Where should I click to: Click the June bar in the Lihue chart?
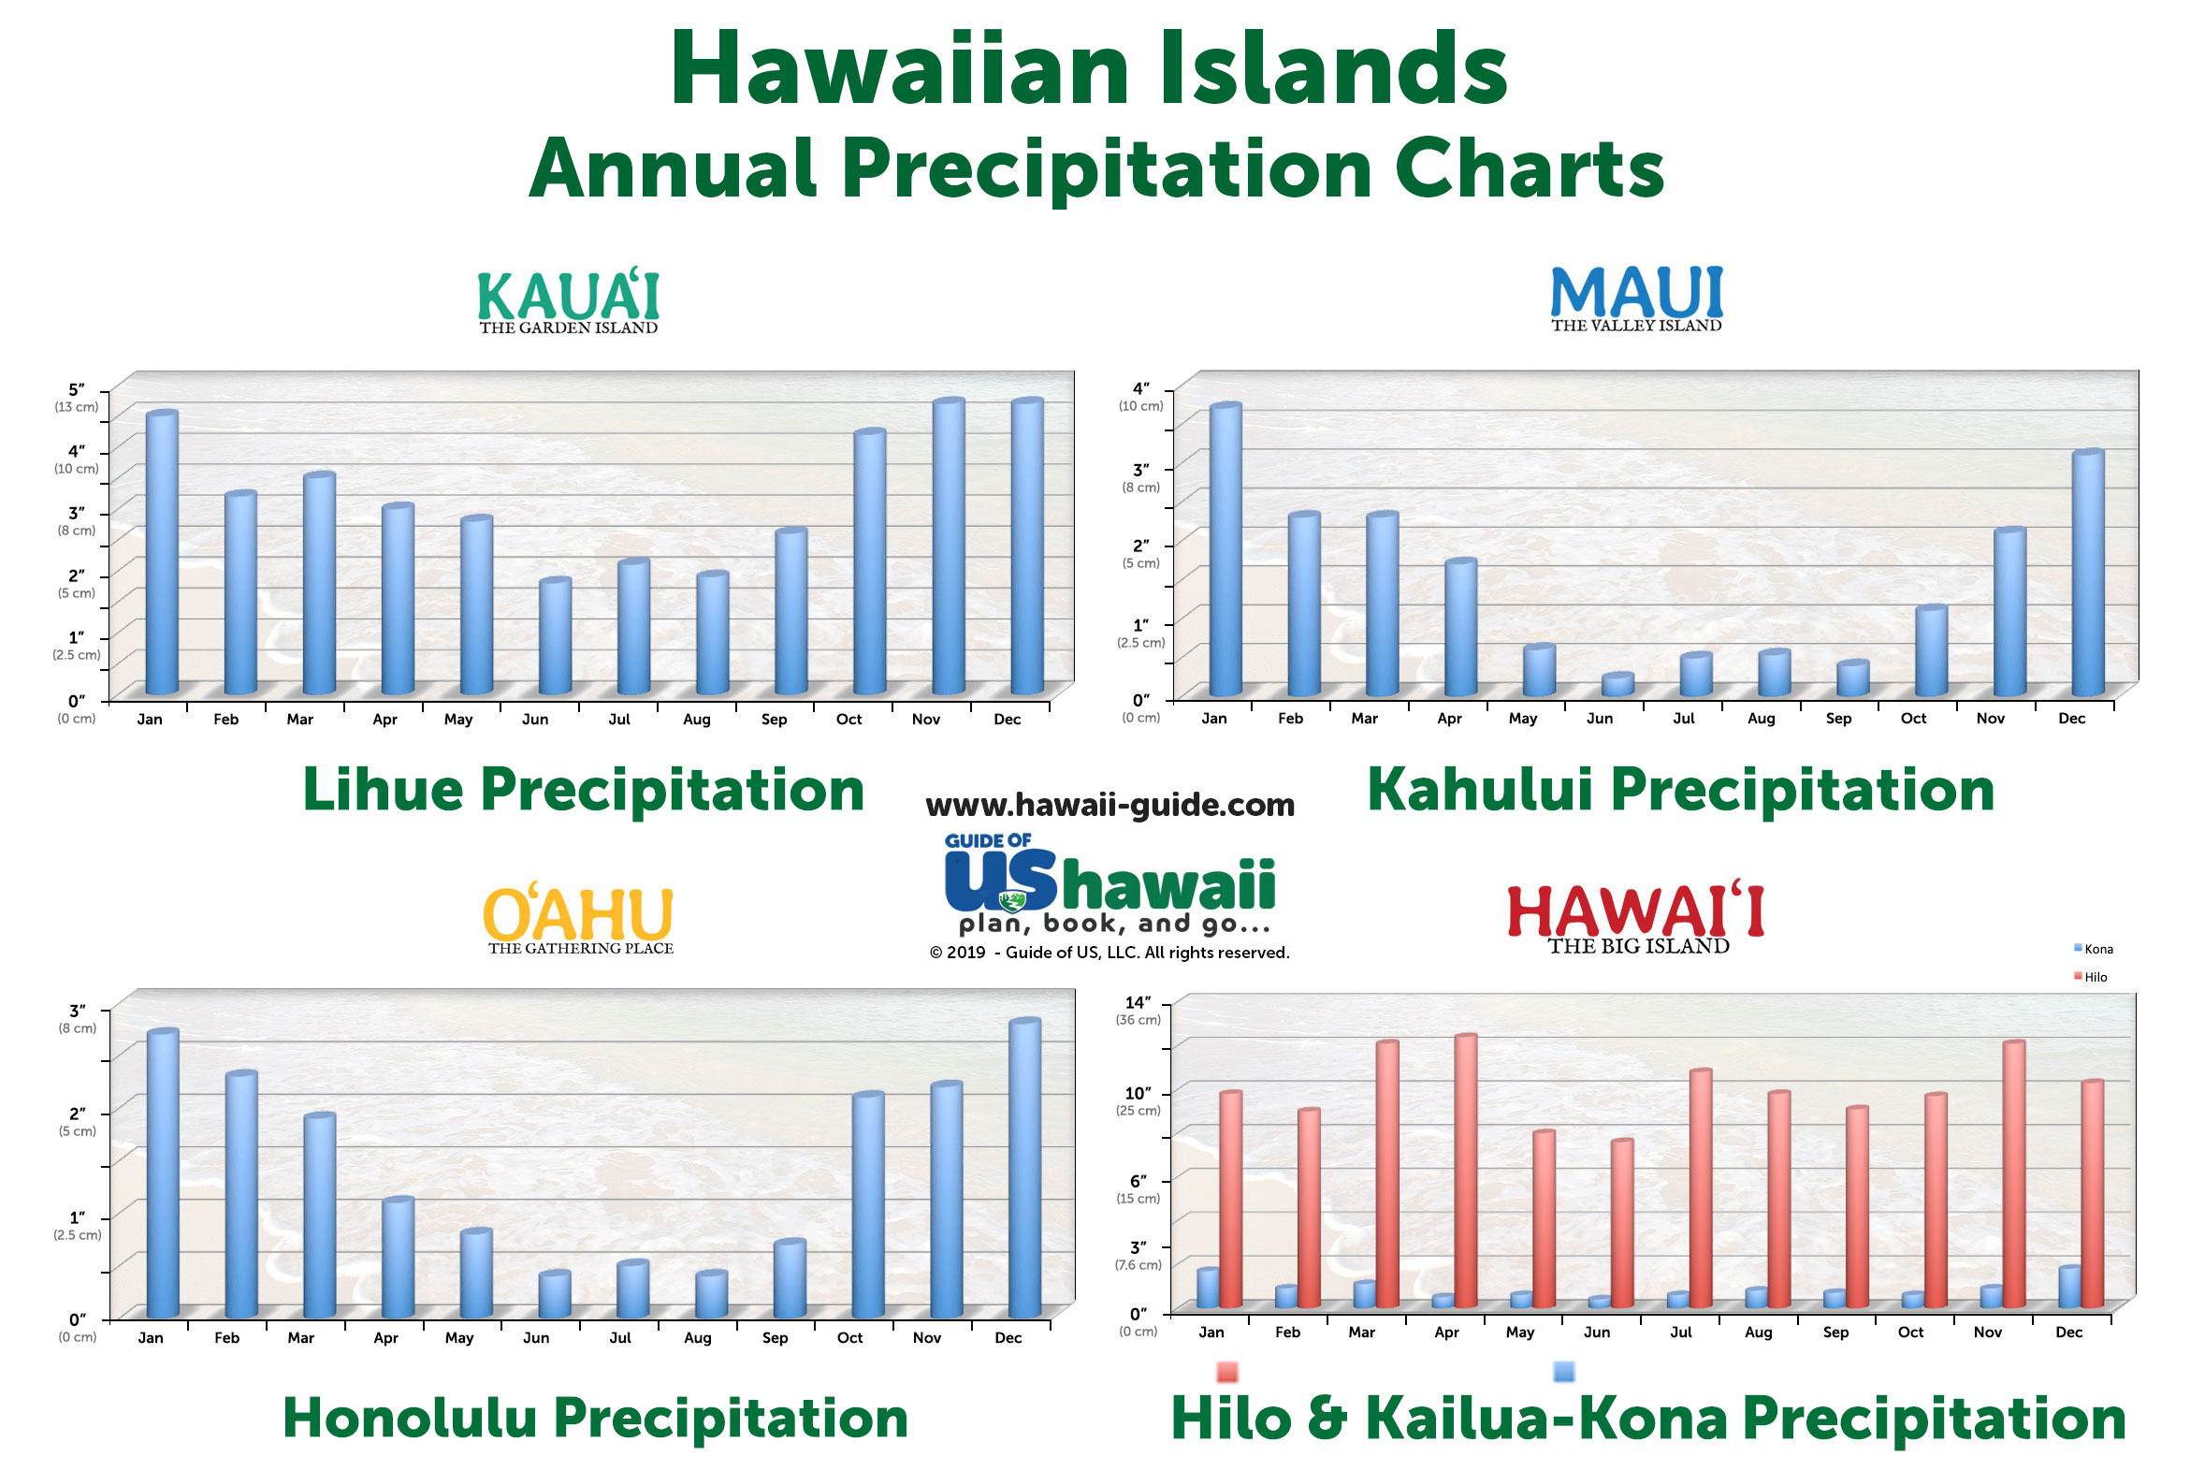click(x=555, y=636)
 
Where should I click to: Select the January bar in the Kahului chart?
click(x=1225, y=549)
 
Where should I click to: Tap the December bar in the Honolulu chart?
click(x=1024, y=1169)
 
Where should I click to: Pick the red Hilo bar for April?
click(x=1465, y=1171)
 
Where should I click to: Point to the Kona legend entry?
click(x=2094, y=950)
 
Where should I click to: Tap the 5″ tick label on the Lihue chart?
click(x=76, y=389)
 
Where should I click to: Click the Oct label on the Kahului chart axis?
click(x=1913, y=719)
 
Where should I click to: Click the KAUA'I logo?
click(x=569, y=301)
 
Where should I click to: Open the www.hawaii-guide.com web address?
click(x=1110, y=805)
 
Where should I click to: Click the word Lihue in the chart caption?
click(x=383, y=789)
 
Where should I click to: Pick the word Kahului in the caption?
click(x=1480, y=789)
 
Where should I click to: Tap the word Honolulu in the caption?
click(x=410, y=1418)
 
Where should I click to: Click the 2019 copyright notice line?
click(x=1110, y=954)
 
